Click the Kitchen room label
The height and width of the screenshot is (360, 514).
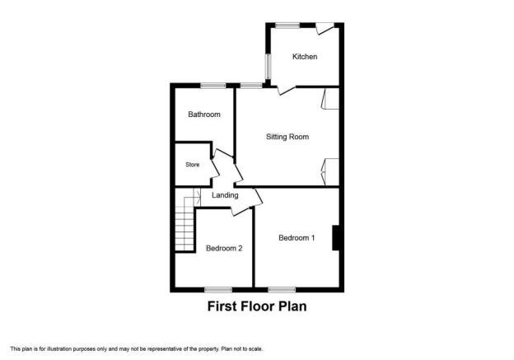pos(305,57)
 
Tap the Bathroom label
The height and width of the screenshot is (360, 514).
pos(204,115)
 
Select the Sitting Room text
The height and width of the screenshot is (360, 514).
pos(287,137)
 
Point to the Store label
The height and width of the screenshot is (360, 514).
pos(193,165)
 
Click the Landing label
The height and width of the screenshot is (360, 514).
pos(225,195)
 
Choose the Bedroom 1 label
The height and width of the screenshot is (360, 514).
pos(297,238)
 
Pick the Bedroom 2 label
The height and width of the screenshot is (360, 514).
pos(224,248)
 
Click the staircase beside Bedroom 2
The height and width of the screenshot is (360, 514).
pos(185,223)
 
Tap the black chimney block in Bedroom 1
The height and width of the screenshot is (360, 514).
pos(336,238)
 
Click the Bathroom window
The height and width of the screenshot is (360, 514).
pos(213,86)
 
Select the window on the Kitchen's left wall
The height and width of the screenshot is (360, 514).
pos(268,66)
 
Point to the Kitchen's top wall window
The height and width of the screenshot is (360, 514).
pos(287,25)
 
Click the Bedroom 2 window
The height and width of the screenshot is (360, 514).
pos(218,289)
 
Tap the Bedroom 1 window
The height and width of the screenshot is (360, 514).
pos(282,289)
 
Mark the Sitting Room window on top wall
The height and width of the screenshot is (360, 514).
pos(251,86)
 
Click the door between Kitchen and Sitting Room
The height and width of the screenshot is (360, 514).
pos(286,90)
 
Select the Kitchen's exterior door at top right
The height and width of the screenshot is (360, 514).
pos(325,29)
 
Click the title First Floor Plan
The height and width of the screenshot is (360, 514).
pos(257,306)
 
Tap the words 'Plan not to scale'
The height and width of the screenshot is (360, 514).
pos(242,348)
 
